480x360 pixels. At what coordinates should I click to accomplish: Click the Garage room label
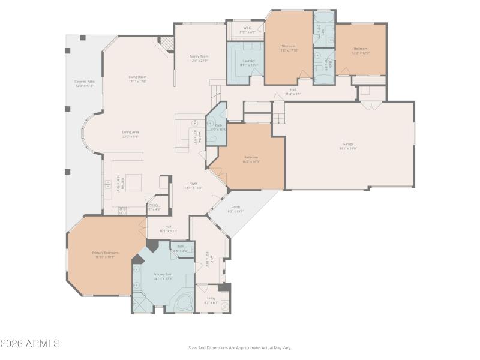[347, 144]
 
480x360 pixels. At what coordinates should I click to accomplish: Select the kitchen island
[133, 182]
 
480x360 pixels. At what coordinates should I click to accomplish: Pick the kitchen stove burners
[123, 211]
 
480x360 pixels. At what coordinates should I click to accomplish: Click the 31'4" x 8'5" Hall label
[292, 92]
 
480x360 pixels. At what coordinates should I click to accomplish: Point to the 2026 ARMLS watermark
[30, 344]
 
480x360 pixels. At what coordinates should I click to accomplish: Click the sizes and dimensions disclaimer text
[239, 347]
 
